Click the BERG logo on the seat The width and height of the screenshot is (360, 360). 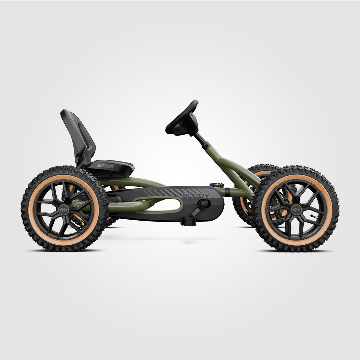(105, 166)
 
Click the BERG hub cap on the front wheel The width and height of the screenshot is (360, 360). (296, 210)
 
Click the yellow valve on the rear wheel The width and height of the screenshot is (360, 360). (79, 221)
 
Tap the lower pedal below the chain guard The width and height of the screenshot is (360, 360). (189, 221)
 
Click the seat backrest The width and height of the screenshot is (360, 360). (78, 133)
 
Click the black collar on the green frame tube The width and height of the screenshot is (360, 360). (227, 192)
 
